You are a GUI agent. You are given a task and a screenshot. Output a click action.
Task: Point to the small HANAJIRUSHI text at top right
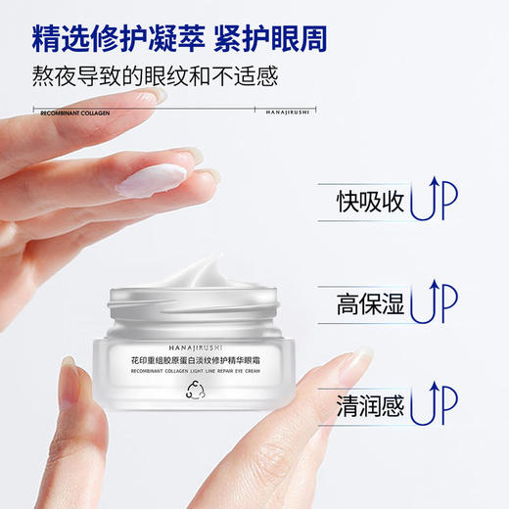coord(291,113)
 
